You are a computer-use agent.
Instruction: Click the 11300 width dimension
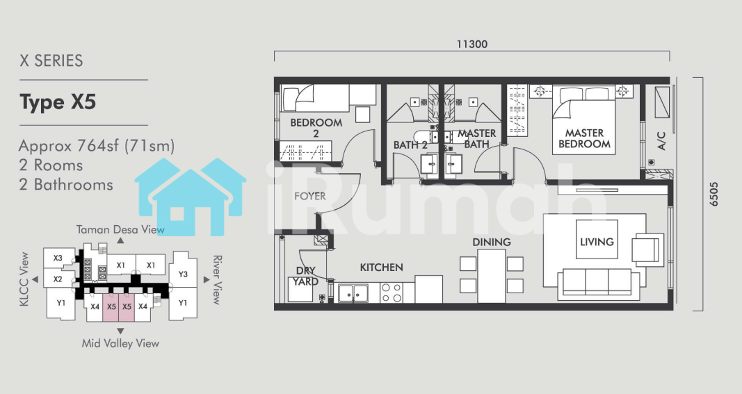point(471,44)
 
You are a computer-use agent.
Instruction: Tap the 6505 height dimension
point(713,194)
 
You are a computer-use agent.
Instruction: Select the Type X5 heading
point(58,102)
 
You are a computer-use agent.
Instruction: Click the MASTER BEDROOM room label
point(584,138)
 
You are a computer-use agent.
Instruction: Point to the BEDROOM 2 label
point(316,128)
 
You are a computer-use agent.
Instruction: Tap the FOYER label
point(310,196)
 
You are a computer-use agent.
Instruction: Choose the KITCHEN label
point(381,268)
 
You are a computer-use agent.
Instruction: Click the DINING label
point(492,243)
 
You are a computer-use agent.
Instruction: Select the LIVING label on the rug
point(597,242)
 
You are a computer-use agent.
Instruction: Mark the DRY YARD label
point(305,277)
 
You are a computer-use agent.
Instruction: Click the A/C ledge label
point(661,141)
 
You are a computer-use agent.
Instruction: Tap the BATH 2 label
point(410,145)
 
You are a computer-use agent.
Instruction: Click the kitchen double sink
point(353,293)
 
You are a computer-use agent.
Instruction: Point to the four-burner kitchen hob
point(392,293)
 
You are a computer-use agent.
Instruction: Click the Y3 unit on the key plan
point(183,274)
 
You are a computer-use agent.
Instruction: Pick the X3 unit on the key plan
point(58,258)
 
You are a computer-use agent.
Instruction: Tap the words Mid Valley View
point(121,343)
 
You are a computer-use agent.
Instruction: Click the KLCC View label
point(24,279)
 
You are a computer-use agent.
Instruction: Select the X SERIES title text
point(51,60)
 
